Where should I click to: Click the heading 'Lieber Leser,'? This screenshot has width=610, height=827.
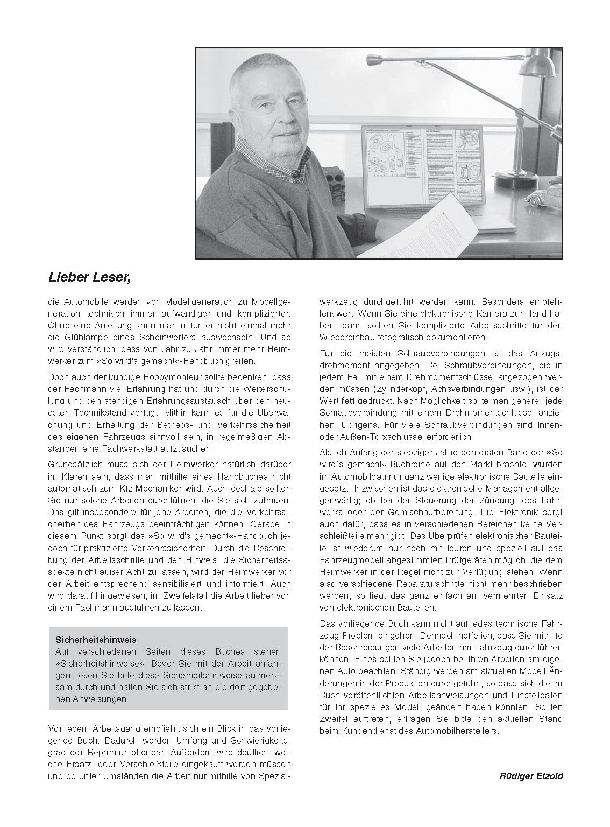pos(90,278)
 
